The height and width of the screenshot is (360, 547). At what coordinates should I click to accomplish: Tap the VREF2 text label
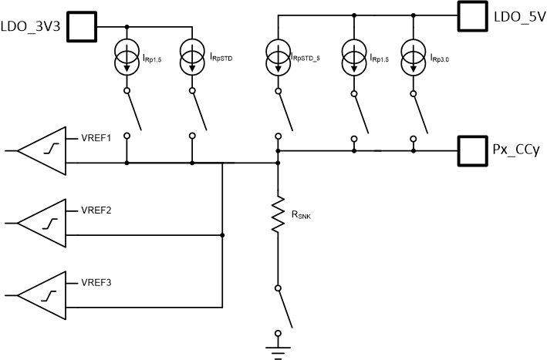coord(96,210)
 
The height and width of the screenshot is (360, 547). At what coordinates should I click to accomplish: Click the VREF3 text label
coord(96,282)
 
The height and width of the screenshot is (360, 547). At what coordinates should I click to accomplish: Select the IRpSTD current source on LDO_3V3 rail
coord(191,56)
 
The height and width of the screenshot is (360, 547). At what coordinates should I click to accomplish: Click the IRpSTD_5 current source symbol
coord(277,56)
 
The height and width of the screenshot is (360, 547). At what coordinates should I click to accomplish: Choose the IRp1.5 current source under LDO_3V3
coord(127,56)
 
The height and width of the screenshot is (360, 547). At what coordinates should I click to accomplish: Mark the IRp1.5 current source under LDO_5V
coord(354,56)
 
